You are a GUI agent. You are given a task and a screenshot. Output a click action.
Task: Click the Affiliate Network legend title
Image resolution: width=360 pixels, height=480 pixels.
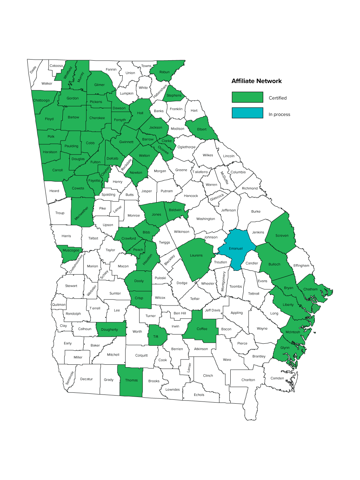256,81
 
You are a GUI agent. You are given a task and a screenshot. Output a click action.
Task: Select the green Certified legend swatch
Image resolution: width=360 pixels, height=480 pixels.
247,97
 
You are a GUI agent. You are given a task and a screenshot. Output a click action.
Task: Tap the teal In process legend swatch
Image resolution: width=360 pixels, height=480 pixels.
247,113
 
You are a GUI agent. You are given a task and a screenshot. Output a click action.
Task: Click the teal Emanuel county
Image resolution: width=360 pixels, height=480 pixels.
236,248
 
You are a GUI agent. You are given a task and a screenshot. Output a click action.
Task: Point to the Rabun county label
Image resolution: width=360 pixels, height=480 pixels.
164,72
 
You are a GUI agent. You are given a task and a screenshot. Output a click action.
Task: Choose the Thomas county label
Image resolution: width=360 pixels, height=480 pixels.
131,380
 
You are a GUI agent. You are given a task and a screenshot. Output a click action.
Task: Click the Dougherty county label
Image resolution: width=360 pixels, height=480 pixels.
109,330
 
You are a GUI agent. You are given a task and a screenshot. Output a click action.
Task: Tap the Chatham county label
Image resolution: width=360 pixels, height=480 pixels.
310,289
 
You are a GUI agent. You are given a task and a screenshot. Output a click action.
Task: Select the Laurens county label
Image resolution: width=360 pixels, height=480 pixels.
196,255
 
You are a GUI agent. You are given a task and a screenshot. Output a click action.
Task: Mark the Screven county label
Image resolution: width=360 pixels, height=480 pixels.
282,235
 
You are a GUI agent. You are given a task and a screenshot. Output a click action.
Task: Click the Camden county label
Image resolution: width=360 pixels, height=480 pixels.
277,378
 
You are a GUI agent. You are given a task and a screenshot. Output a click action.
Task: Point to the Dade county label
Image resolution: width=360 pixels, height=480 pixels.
33,70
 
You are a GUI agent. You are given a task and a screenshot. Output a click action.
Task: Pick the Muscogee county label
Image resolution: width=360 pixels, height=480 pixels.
71,250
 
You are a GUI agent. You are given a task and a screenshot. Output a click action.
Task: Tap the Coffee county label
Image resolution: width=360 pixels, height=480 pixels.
202,329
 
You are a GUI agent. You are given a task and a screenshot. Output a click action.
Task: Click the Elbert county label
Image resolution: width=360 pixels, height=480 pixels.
202,129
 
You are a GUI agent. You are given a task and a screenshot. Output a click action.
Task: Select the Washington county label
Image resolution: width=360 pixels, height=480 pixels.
205,219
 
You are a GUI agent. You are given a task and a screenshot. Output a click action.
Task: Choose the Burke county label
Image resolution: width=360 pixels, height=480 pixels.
256,212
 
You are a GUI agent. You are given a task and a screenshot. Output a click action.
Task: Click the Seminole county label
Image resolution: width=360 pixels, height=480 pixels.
70,378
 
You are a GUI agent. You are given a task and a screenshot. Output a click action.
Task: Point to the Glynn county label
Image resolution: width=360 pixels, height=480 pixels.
285,348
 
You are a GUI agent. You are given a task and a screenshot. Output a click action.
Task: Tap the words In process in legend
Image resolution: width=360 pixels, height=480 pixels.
279,115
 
